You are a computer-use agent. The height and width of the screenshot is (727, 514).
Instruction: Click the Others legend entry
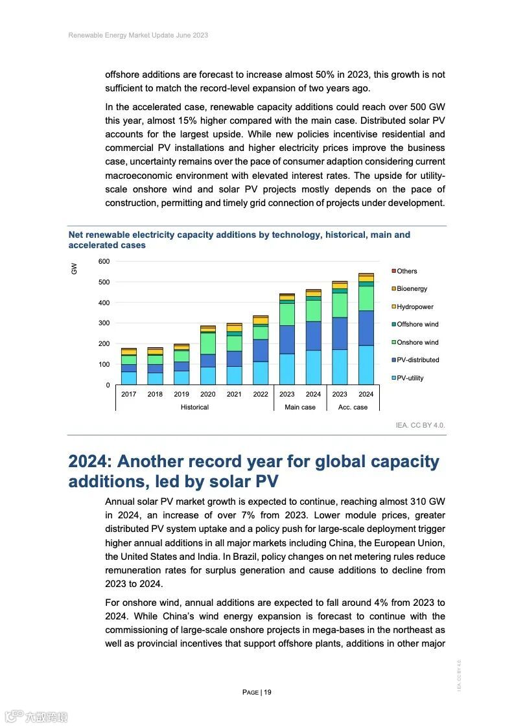coord(406,271)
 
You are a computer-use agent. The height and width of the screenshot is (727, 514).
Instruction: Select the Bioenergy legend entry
coord(412,289)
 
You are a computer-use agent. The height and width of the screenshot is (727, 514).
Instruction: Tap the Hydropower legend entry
coord(414,306)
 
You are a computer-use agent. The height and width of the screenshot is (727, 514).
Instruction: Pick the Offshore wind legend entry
coord(417,325)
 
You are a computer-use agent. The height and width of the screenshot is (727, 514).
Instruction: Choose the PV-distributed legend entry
coord(417,360)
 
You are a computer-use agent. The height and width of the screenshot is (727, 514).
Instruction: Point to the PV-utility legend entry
coord(410,378)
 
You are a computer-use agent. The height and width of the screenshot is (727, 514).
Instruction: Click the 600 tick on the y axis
coord(104,261)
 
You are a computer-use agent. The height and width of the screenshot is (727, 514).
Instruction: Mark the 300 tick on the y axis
coord(104,323)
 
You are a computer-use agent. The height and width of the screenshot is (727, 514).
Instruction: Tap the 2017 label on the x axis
coord(129,394)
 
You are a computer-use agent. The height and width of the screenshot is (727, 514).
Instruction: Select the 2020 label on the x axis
coord(208,394)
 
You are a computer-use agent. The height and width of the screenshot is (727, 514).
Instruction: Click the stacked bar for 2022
coord(261,350)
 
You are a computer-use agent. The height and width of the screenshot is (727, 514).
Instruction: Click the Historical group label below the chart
coord(194,408)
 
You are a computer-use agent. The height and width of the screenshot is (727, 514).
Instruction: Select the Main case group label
coord(300,408)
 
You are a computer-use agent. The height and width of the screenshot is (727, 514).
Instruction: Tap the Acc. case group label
coord(353,408)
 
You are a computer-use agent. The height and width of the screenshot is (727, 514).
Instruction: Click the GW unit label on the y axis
coord(74,268)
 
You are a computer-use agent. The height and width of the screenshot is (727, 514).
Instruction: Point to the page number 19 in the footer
coord(268,693)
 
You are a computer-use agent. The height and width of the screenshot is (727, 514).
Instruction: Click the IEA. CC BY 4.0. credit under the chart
coord(421,426)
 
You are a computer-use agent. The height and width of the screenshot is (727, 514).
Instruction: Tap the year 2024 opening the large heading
coord(89,462)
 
